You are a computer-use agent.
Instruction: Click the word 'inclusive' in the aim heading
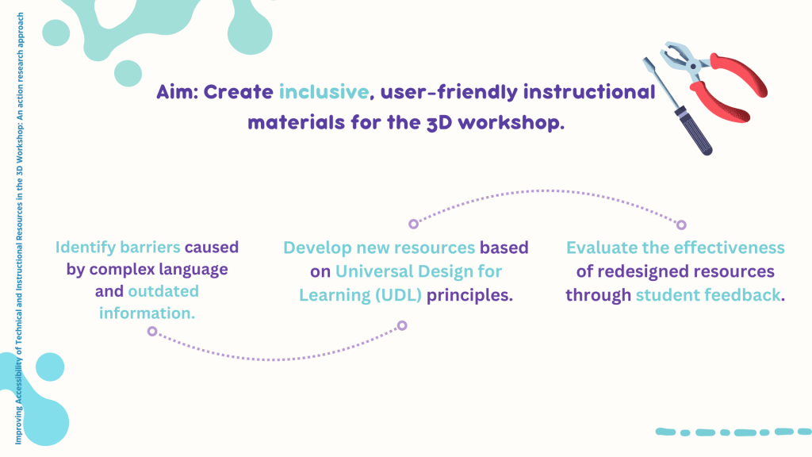point(324,92)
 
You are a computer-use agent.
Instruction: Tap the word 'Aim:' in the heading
point(178,92)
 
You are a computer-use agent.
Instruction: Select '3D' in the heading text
point(439,123)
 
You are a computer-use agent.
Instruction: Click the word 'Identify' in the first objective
point(86,248)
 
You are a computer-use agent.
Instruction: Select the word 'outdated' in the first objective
point(163,291)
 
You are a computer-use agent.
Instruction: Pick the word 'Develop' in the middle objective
point(317,248)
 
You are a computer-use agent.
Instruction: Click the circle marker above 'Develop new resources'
point(413,224)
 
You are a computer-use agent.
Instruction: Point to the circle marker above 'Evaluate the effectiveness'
point(681,225)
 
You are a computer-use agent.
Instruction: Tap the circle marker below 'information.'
point(152,331)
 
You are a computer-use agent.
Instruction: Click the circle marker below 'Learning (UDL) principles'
point(402,325)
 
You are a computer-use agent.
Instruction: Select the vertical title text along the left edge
point(19,228)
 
